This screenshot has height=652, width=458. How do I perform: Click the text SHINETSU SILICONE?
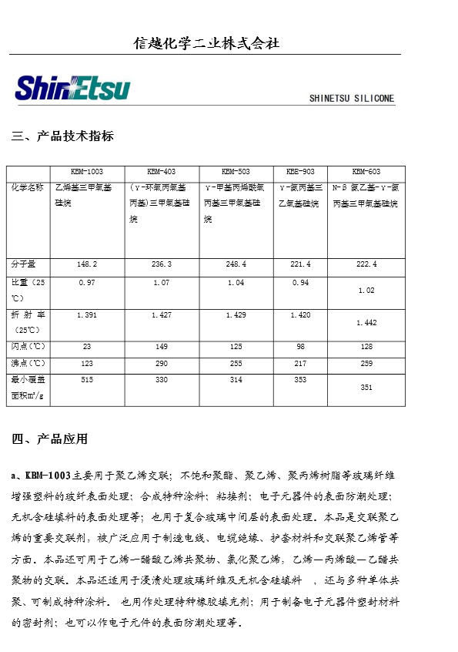coord(351,99)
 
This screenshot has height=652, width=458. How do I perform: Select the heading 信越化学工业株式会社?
coord(206,43)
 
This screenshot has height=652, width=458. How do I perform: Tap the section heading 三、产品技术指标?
coord(63,136)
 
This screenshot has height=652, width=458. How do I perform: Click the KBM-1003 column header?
coord(86,172)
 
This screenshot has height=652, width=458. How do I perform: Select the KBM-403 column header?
coord(161,172)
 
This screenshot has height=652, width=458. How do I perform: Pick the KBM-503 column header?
coord(236,172)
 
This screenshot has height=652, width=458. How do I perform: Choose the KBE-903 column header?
coord(300,172)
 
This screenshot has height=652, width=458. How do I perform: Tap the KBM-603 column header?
coord(366,172)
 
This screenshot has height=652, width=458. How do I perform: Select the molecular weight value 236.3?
coord(161,264)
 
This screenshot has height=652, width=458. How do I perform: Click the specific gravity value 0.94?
coord(300,283)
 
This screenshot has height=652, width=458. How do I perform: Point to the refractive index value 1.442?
coord(366,322)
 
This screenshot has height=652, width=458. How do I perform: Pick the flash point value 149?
coord(161,346)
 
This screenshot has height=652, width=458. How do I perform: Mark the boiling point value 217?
coord(300,362)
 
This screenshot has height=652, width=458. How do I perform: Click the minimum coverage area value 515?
coord(86,380)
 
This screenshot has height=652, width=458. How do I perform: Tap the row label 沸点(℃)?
coord(28,362)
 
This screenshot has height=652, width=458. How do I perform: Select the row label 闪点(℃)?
coord(28,346)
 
